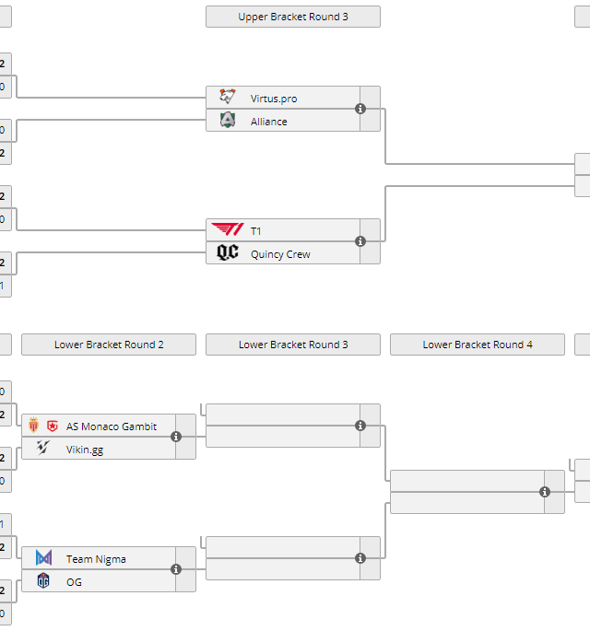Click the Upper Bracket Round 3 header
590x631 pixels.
point(292,17)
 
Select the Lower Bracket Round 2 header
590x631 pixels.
point(109,345)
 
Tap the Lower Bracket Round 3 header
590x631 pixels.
point(292,345)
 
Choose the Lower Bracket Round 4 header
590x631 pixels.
point(477,345)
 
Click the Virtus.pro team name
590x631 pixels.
point(274,99)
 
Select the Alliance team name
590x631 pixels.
point(268,122)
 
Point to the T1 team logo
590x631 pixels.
point(228,230)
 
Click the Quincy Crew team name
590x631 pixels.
point(280,254)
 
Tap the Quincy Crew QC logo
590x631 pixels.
point(228,253)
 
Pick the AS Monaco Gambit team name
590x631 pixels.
point(112,427)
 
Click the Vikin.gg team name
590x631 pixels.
point(85,450)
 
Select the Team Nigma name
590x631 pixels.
point(96,559)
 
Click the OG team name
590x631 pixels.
point(74,582)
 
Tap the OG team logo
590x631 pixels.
point(43,581)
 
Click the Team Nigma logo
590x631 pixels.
point(43,558)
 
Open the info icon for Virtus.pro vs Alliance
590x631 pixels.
point(360,109)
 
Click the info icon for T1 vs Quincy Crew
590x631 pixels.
point(360,241)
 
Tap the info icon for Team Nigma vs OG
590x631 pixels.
point(176,569)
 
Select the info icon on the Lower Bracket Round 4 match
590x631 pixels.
point(545,492)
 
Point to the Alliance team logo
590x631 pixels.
point(228,121)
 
